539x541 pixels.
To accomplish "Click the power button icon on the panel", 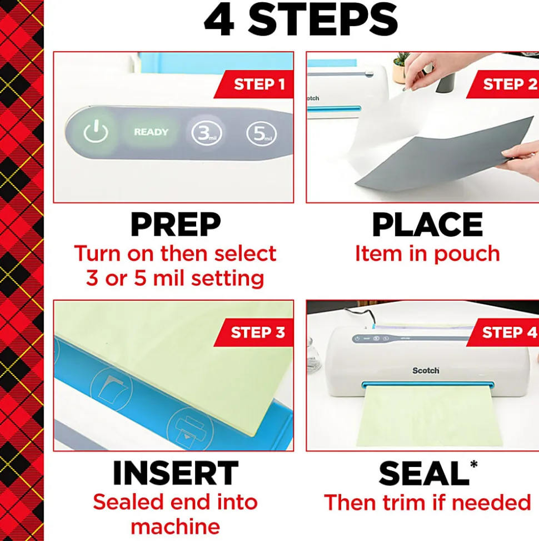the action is coord(96,131).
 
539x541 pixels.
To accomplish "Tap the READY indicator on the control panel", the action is coord(151,132).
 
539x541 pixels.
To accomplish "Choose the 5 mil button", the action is coord(261,133).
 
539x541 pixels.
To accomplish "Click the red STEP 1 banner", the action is coord(254,84).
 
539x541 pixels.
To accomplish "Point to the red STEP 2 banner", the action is coord(503,84).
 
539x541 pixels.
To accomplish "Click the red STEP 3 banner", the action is coord(254,332).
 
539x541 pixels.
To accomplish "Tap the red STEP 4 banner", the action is coord(503,332).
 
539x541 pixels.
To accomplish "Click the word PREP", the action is coord(176,224).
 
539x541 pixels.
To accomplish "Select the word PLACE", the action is coord(428,224).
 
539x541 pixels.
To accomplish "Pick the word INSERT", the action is coord(176,473).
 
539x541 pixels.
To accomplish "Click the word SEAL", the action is coord(424,473).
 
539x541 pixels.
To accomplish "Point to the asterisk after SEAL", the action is coord(474,464).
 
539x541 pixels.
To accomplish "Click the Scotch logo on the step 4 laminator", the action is coord(426,370).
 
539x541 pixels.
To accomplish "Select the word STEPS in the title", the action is coord(323,19).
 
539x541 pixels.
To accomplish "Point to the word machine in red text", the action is coord(176,527).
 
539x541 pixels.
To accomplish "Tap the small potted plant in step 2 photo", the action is coord(400,68).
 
